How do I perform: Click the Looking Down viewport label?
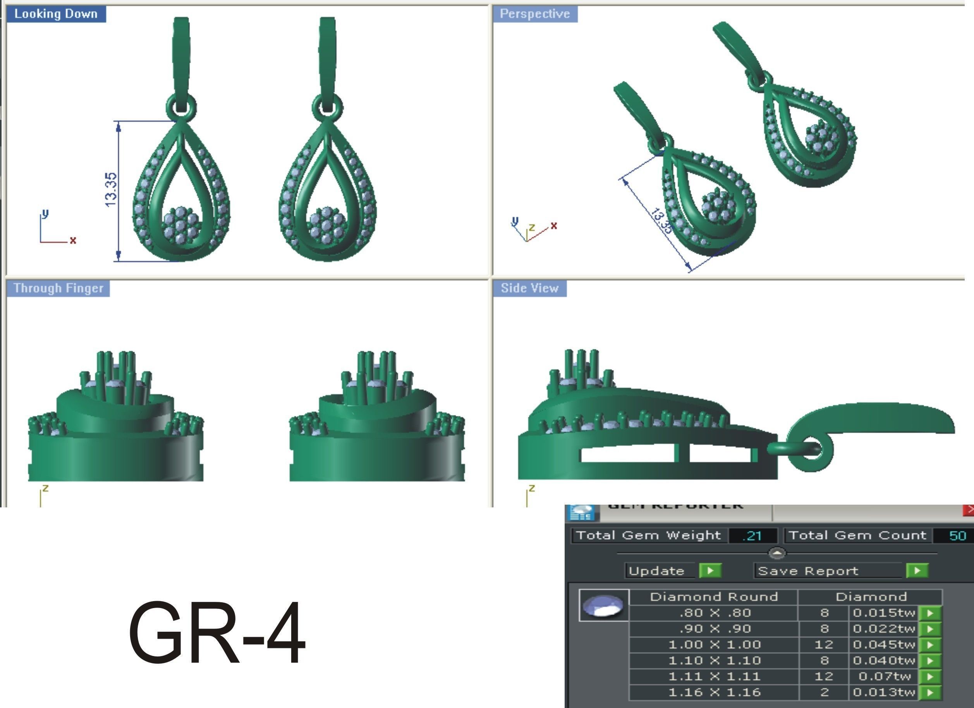click(x=56, y=14)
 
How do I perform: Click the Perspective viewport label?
click(x=535, y=14)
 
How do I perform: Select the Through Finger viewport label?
click(x=58, y=288)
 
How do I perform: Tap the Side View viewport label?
click(x=529, y=288)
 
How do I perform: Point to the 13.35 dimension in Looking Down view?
click(x=110, y=189)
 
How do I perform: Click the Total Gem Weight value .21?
click(x=753, y=536)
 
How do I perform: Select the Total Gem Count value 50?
click(x=957, y=536)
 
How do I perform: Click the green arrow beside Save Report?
click(x=917, y=571)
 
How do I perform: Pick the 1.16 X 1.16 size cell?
click(x=714, y=692)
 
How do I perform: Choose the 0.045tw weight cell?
click(x=884, y=644)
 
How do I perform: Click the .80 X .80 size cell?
click(x=714, y=613)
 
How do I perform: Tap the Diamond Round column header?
click(x=714, y=597)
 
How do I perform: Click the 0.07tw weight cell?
click(x=884, y=676)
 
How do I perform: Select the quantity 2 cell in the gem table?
click(x=824, y=692)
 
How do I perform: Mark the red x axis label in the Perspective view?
click(x=554, y=225)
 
